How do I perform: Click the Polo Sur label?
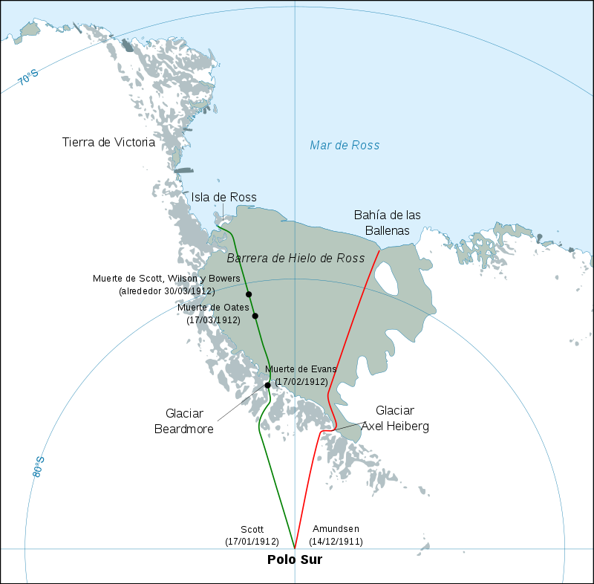click(295, 559)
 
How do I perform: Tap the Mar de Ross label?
click(345, 146)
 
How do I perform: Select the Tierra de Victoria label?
click(108, 142)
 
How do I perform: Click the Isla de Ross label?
click(223, 197)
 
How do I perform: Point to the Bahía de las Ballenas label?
click(387, 223)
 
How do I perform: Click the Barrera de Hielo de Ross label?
click(296, 259)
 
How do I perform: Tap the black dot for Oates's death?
click(255, 316)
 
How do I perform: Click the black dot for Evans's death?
click(267, 385)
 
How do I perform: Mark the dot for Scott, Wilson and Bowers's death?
click(249, 294)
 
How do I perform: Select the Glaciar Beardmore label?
click(183, 421)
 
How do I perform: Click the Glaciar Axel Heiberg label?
click(394, 418)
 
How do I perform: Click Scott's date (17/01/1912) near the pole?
click(252, 541)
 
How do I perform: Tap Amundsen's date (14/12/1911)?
click(336, 541)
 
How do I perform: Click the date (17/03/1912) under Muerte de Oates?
click(213, 319)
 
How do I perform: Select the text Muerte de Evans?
click(301, 369)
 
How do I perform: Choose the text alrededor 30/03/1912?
click(167, 291)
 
